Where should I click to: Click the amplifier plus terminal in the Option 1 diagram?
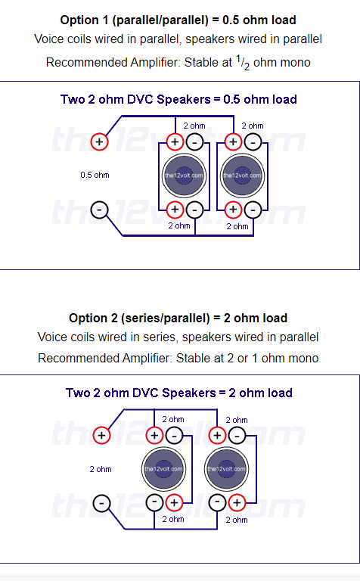click(99, 142)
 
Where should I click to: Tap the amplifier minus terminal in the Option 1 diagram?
click(99, 210)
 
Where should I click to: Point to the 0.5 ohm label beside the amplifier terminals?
click(95, 175)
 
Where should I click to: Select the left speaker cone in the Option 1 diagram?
click(184, 176)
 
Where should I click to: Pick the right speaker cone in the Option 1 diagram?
click(243, 176)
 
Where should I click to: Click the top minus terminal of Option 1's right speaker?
click(253, 142)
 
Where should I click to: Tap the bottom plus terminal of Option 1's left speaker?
click(175, 210)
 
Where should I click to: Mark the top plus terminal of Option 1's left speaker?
click(175, 142)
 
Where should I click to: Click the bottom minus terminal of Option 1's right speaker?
click(253, 210)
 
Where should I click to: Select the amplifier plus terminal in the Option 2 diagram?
click(101, 436)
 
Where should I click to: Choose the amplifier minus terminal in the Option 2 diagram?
click(101, 503)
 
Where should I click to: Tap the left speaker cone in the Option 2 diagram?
click(163, 469)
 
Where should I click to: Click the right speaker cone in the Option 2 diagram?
click(227, 469)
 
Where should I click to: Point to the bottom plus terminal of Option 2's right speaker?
click(237, 503)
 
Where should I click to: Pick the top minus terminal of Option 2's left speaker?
click(174, 436)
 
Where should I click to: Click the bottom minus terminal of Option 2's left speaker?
click(154, 503)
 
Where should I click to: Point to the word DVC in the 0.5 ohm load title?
click(139, 99)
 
